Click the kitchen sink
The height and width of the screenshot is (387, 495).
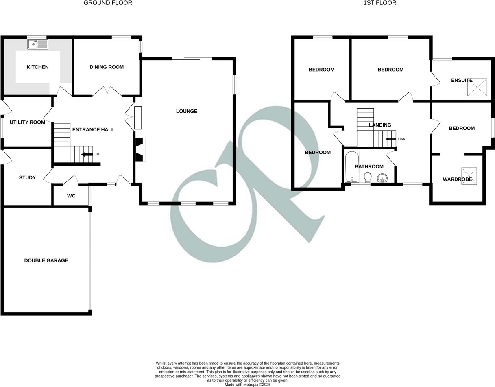coord(38,44)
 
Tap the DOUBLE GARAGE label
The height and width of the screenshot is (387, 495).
coord(46,260)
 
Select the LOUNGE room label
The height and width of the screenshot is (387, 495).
coord(187,111)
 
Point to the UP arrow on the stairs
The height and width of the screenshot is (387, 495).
coord(87,155)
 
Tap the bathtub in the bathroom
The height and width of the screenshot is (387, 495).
coord(352,166)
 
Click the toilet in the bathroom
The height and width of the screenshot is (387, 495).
coord(368,177)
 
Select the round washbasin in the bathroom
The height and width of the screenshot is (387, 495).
coord(382,178)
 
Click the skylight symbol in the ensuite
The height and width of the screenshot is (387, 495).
coord(477,87)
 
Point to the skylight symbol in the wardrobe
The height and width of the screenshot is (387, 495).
coord(469,176)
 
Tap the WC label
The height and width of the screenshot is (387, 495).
coord(71,196)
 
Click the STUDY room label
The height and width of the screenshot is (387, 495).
coord(27,177)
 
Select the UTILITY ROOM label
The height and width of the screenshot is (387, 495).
coord(27,122)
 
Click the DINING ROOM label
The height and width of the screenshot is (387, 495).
coord(107,67)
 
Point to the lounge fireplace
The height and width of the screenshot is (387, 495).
coord(140,149)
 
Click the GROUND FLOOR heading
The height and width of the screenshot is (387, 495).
coord(108,3)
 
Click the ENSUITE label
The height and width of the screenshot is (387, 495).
coord(462,80)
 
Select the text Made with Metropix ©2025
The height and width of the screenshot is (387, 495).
coord(247,384)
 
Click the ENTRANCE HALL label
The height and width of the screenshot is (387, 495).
coord(93,129)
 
